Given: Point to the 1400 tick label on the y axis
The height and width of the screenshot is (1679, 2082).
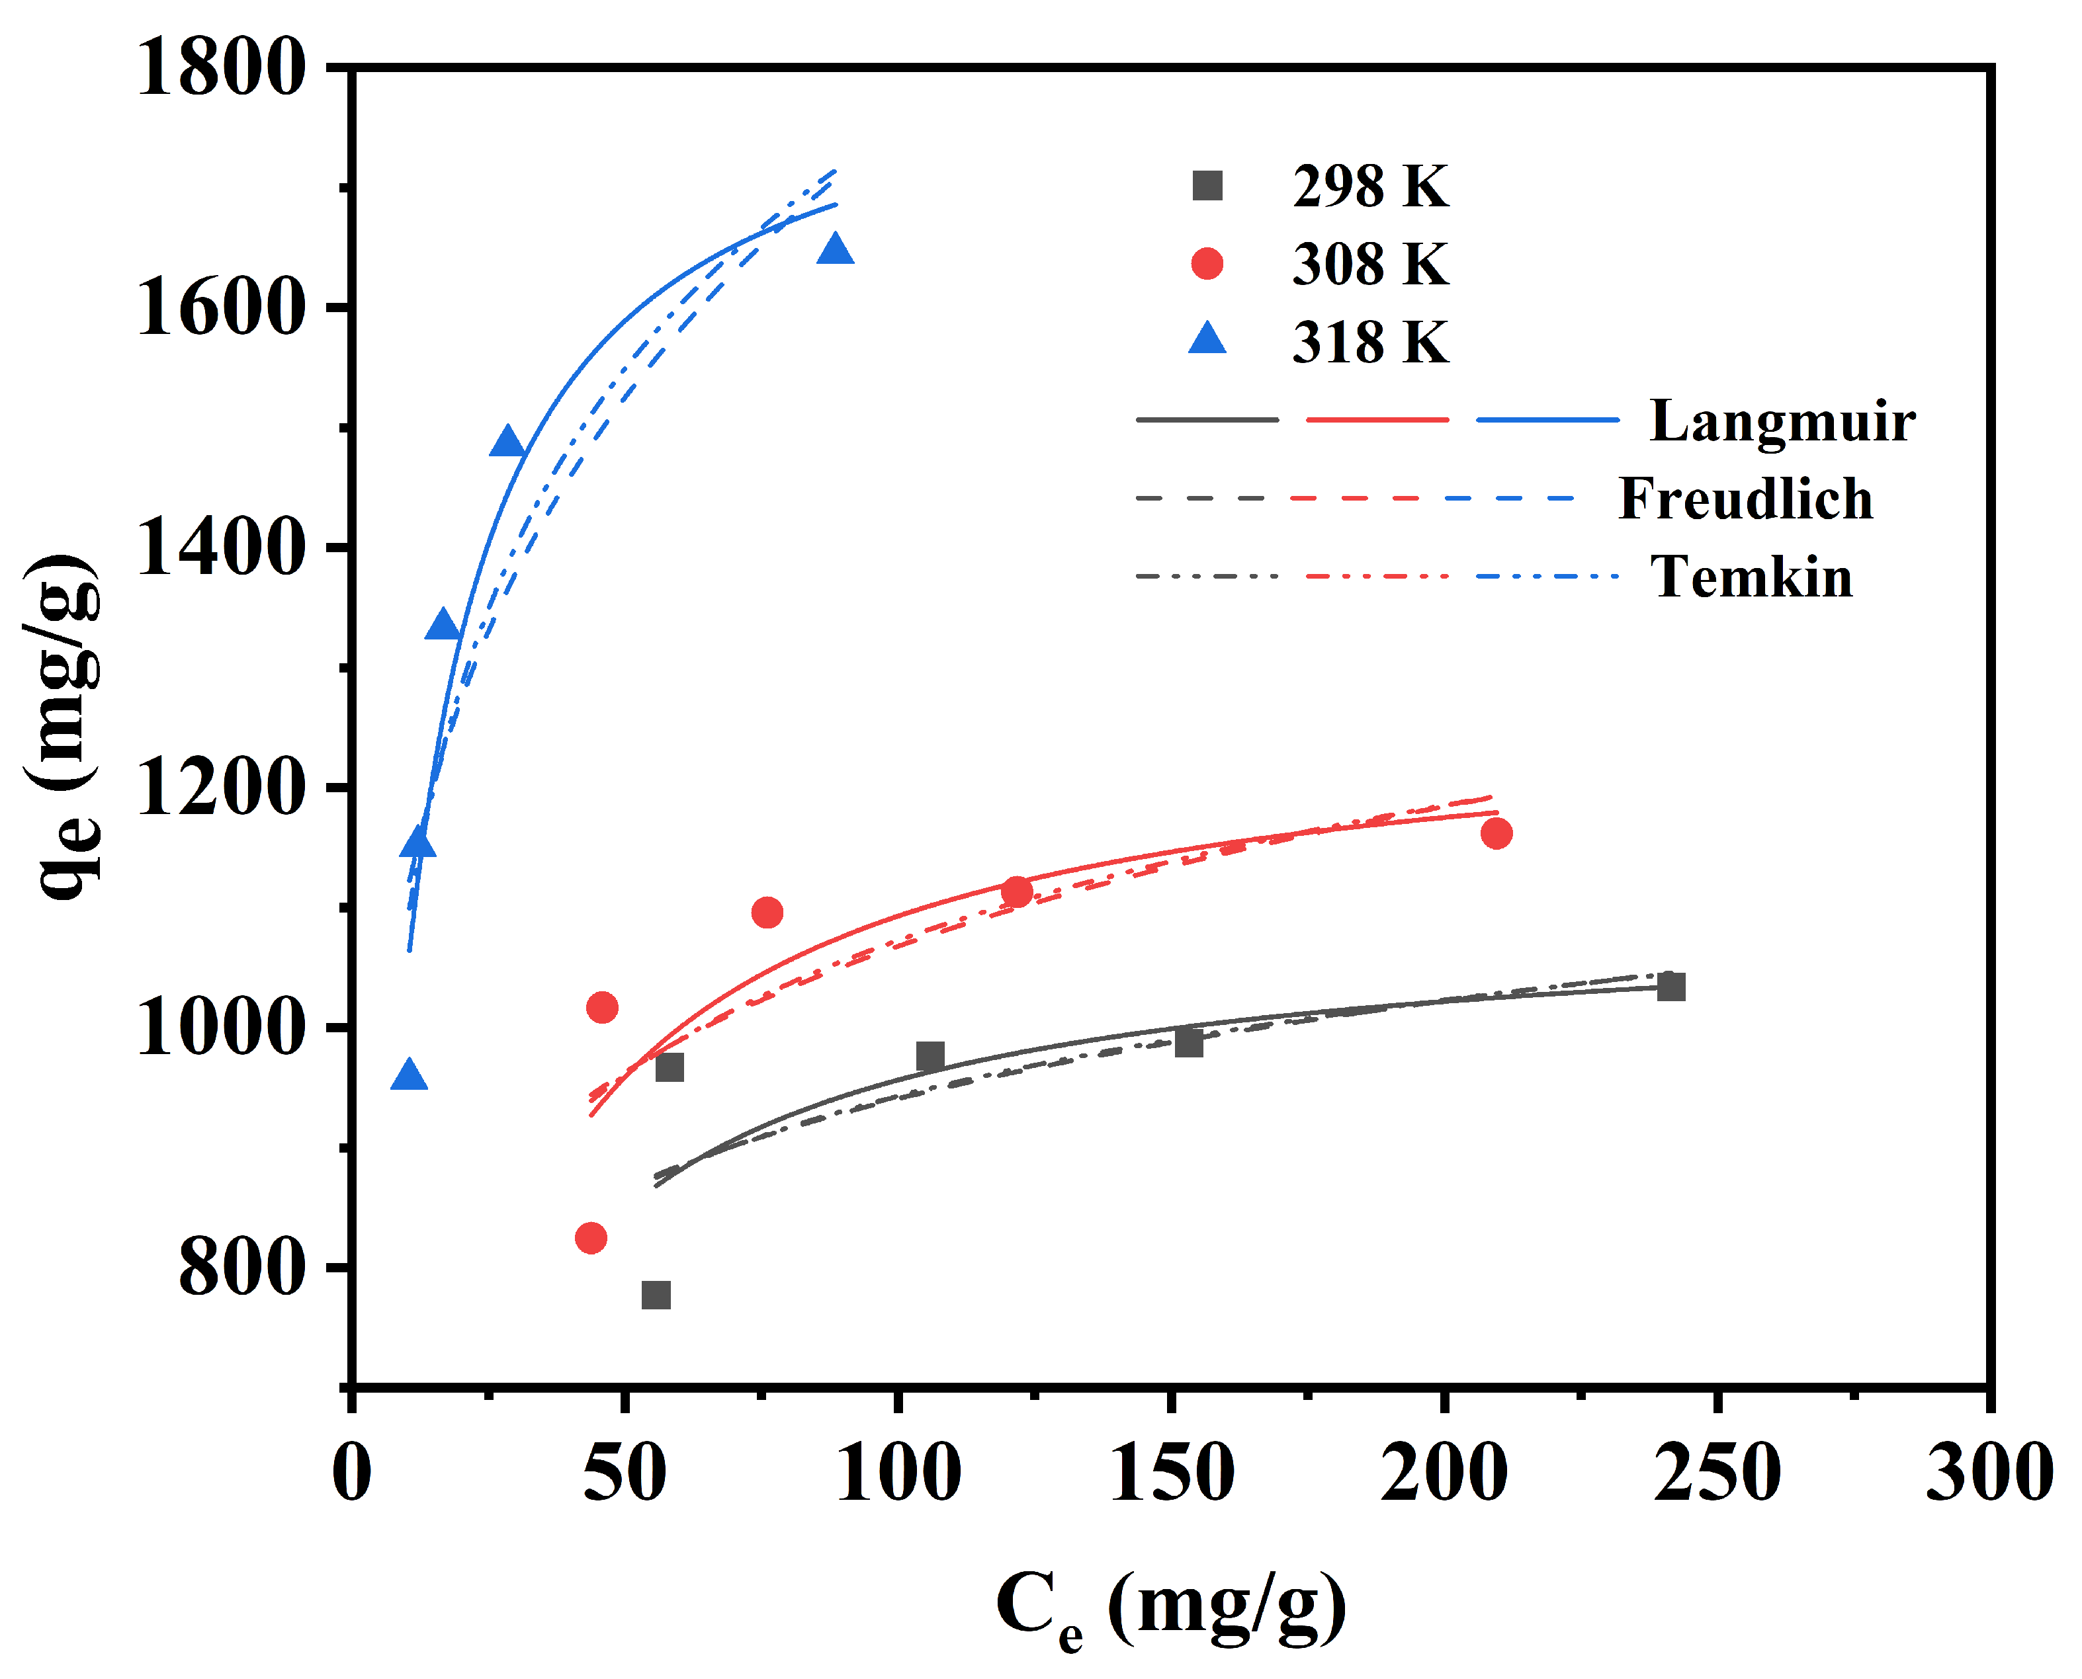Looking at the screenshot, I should pyautogui.click(x=220, y=548).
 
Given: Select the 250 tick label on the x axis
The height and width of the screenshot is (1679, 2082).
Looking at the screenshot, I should pyautogui.click(x=1717, y=1472).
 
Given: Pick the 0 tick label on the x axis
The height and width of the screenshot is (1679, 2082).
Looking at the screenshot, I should pyautogui.click(x=351, y=1472).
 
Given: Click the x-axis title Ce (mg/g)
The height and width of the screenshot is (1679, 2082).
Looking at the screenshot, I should pyautogui.click(x=1170, y=1606).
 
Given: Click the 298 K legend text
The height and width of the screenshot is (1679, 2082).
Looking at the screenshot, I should pyautogui.click(x=1371, y=186).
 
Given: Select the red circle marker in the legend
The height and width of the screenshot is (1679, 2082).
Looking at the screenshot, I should pyautogui.click(x=1207, y=263).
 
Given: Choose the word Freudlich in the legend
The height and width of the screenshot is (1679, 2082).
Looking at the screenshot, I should pyautogui.click(x=1745, y=499).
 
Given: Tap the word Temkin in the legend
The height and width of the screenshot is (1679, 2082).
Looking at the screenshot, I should pyautogui.click(x=1751, y=577).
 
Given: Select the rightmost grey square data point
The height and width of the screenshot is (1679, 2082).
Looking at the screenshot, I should pyautogui.click(x=1670, y=987).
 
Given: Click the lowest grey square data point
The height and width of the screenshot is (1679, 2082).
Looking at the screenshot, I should pyautogui.click(x=656, y=1295).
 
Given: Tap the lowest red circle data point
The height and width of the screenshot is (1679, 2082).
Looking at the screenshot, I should pyautogui.click(x=590, y=1238).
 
